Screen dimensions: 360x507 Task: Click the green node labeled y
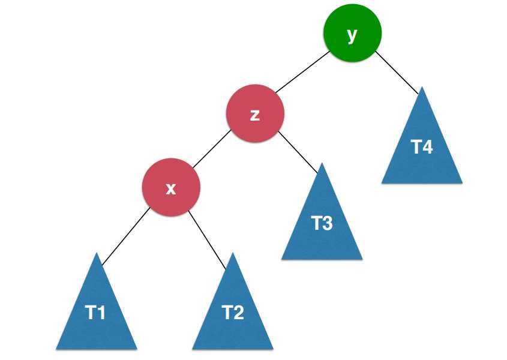pyautogui.click(x=352, y=33)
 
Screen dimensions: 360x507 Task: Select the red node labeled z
pyautogui.click(x=254, y=113)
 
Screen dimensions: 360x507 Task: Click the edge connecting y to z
pyautogui.click(x=302, y=71)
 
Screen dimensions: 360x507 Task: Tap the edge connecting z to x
pyautogui.click(x=211, y=149)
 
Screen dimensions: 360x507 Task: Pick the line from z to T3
pyautogui.click(x=298, y=152)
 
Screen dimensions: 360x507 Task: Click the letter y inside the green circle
pyautogui.click(x=352, y=34)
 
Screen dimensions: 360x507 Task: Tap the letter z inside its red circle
pyautogui.click(x=254, y=115)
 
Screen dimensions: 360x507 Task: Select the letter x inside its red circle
pyautogui.click(x=171, y=188)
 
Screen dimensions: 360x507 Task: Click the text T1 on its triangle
pyautogui.click(x=96, y=313)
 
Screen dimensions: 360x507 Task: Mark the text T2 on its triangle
pyautogui.click(x=233, y=313)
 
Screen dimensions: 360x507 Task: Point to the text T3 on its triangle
pyautogui.click(x=322, y=223)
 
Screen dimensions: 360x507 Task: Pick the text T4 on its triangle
pyautogui.click(x=422, y=146)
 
